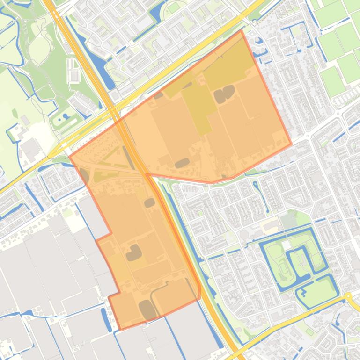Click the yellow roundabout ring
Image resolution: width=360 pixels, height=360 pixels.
[348, 296]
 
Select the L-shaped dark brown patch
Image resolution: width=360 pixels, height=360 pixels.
[134, 252]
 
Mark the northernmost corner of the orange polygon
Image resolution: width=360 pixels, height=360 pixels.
[241, 31]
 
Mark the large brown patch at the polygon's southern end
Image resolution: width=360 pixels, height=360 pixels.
[147, 310]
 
